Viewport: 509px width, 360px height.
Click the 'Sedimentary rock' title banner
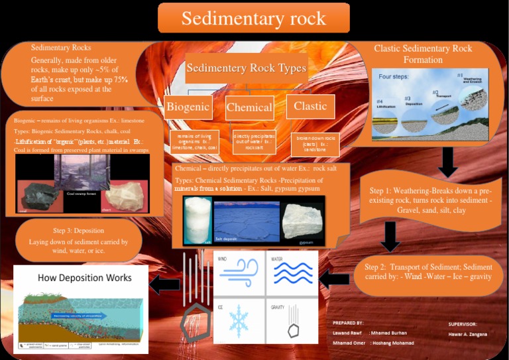[254, 18]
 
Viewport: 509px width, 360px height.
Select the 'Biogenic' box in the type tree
[188, 107]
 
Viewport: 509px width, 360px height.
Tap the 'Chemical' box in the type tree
[249, 107]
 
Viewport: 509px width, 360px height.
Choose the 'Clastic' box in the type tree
[310, 106]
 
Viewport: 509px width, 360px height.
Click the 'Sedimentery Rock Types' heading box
[246, 68]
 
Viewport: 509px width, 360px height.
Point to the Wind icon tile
[238, 272]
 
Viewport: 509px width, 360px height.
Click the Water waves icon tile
[292, 272]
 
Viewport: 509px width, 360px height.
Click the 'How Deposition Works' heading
[84, 277]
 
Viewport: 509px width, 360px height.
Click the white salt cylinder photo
[197, 220]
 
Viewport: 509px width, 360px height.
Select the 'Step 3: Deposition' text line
[78, 230]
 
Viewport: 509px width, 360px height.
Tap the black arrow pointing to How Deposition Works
[165, 285]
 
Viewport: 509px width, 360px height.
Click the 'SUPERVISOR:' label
[463, 324]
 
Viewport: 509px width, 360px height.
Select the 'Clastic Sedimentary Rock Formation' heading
[423, 54]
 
